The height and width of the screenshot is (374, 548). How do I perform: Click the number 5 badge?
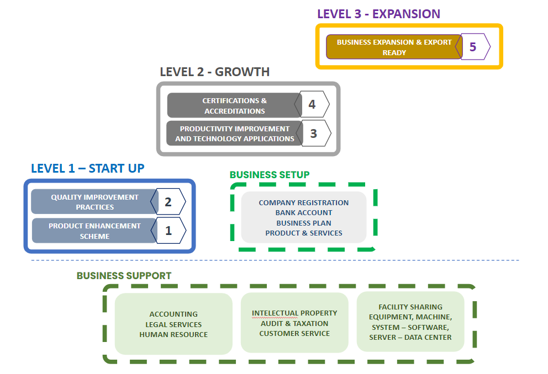(x=473, y=47)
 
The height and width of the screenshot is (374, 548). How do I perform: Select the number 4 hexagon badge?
(x=312, y=105)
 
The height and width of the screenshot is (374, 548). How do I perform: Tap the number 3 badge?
(x=314, y=133)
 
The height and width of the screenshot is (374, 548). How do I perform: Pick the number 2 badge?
(x=168, y=202)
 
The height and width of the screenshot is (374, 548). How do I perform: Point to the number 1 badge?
(x=168, y=231)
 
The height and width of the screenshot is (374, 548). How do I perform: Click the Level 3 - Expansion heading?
(x=378, y=14)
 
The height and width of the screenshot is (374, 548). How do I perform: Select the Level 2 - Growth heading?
(x=214, y=72)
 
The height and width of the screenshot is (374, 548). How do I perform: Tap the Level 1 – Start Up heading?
(x=87, y=168)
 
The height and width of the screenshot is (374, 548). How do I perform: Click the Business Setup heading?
(x=270, y=175)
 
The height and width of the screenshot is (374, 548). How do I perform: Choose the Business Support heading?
(x=124, y=275)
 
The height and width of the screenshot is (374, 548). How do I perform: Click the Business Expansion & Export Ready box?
(x=394, y=47)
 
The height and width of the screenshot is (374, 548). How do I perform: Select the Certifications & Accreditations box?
(x=234, y=105)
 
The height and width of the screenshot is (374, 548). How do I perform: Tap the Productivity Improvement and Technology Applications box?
(x=234, y=133)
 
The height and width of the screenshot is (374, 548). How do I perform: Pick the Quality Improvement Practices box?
(x=94, y=202)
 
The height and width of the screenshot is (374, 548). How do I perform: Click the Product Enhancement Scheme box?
(x=94, y=231)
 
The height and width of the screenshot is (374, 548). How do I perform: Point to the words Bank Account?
(x=304, y=213)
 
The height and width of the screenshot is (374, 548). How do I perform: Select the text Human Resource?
(x=173, y=334)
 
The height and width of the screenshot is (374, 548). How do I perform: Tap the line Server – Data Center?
(x=410, y=337)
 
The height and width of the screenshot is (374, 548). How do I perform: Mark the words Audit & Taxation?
(x=294, y=323)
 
